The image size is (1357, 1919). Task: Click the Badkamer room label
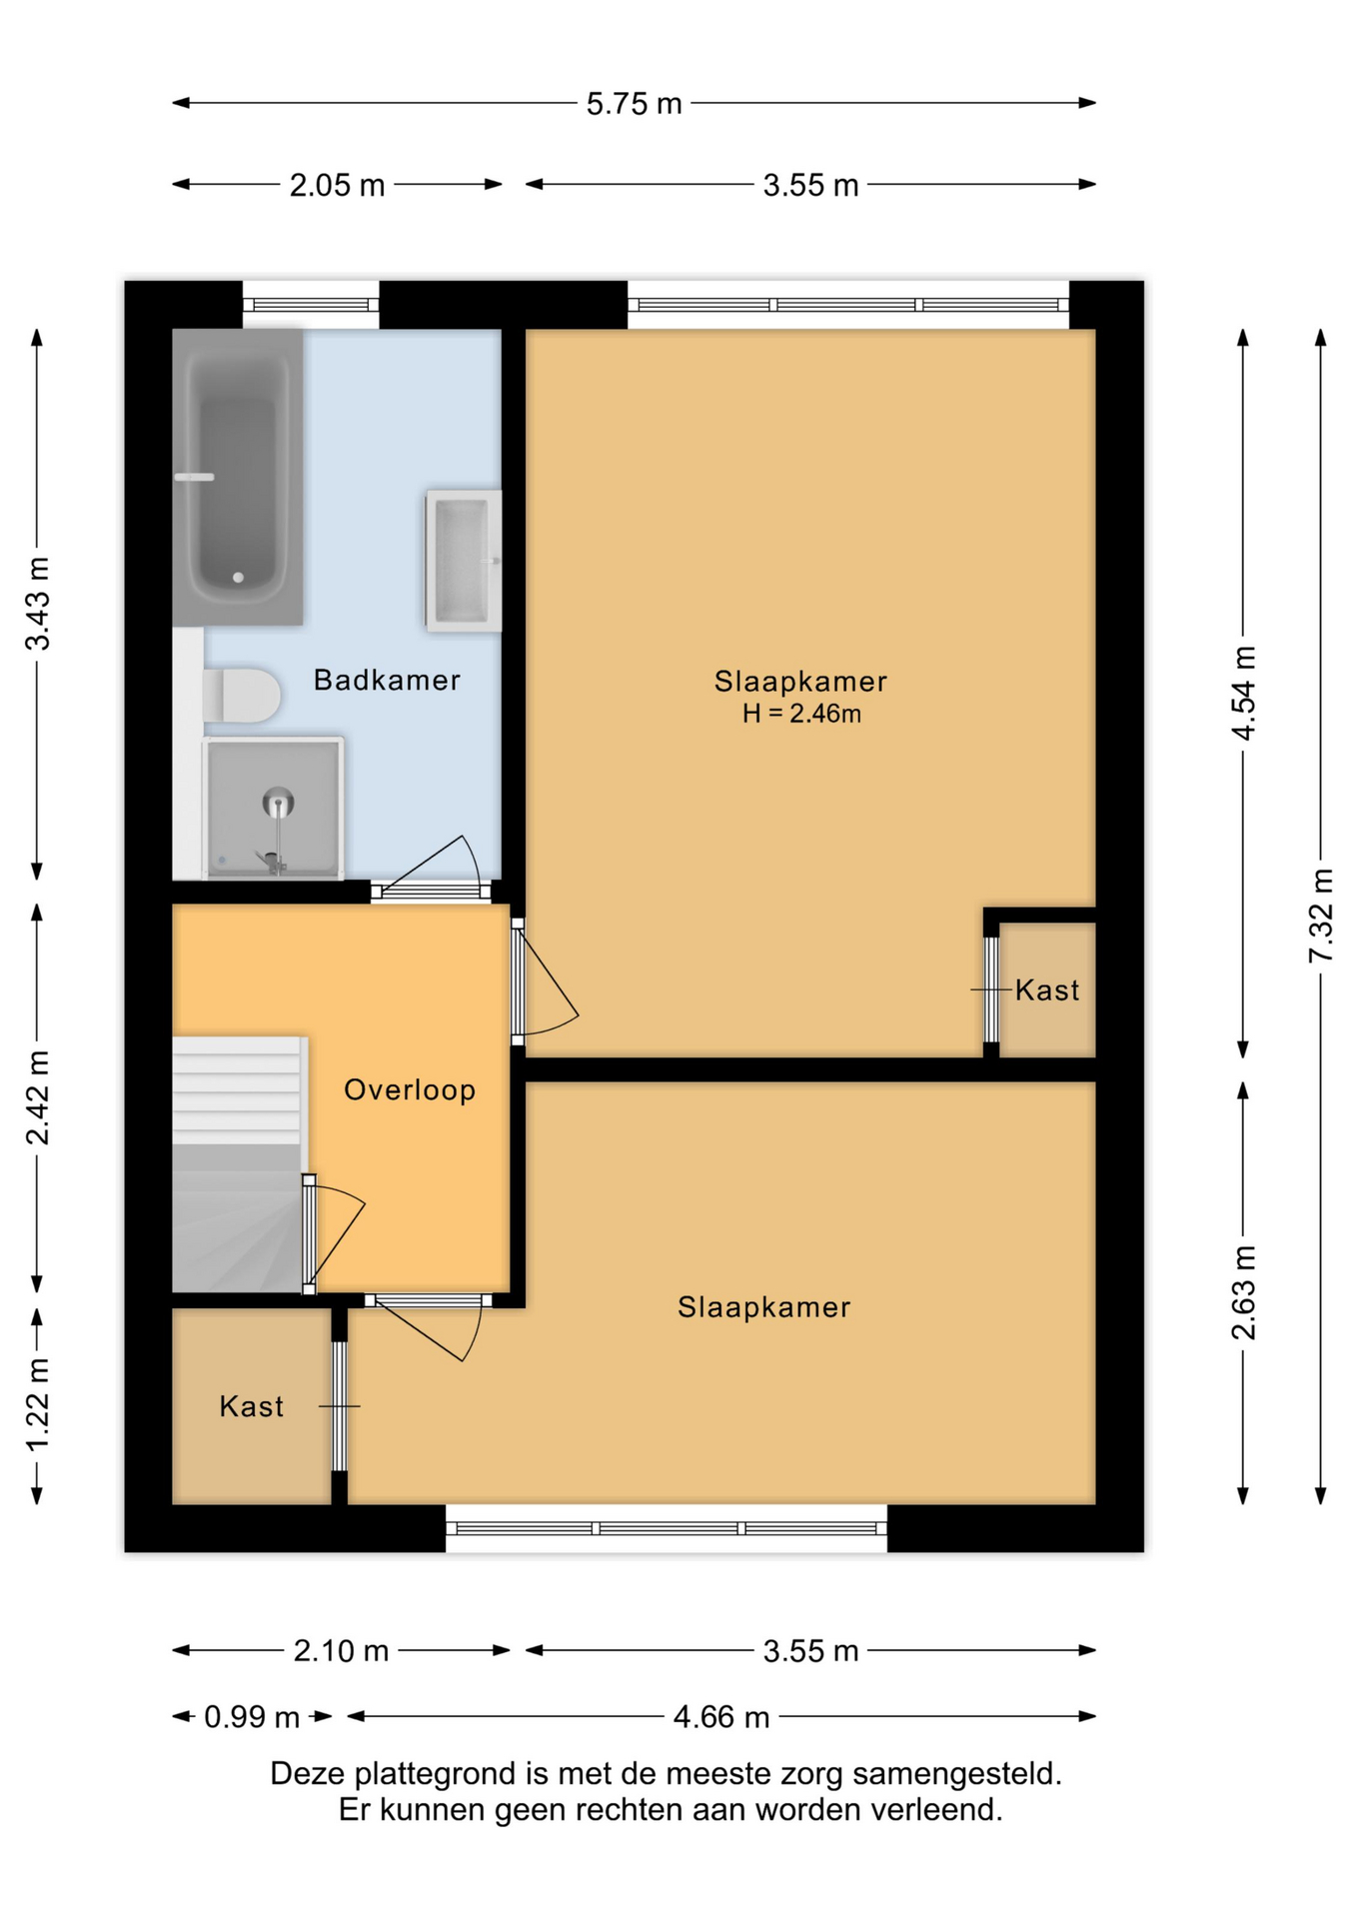tap(387, 681)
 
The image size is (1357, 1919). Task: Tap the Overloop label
tap(410, 1090)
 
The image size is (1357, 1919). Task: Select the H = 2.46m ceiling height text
tap(801, 714)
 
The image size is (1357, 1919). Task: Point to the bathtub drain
tap(238, 578)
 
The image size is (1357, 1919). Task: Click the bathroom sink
tap(463, 561)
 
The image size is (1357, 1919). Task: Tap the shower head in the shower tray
tap(278, 802)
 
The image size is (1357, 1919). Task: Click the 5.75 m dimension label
tap(634, 104)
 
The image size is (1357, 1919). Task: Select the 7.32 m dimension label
tap(1321, 916)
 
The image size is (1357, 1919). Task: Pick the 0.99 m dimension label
tap(252, 1717)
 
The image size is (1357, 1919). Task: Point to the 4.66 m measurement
tap(721, 1717)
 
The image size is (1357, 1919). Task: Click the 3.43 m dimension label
tap(38, 605)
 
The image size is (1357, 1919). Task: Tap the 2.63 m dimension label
tap(1244, 1292)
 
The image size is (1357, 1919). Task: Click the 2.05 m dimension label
tap(337, 186)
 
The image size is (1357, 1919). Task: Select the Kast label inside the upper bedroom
tap(1047, 990)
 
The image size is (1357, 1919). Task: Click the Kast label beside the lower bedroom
tap(252, 1407)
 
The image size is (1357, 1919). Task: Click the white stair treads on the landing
tap(237, 1090)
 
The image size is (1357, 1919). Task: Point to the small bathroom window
tap(311, 305)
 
